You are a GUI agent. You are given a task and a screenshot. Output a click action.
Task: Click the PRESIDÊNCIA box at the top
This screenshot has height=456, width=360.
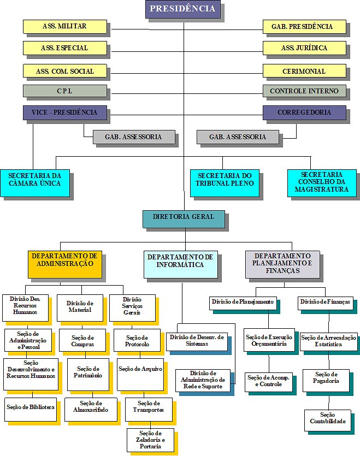pos(182,9)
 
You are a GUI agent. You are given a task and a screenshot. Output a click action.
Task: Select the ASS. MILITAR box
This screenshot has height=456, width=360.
pos(64,26)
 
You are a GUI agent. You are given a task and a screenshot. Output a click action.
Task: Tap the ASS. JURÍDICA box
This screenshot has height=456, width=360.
pos(304,48)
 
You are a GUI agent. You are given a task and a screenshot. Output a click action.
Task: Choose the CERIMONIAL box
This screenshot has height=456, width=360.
pos(304,71)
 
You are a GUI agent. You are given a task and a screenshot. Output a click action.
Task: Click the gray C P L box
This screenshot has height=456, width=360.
pos(64,91)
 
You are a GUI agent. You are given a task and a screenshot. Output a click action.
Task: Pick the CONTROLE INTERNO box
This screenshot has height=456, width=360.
pos(304,91)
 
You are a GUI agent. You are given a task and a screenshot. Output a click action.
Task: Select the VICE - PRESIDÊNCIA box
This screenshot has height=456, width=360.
pos(64,112)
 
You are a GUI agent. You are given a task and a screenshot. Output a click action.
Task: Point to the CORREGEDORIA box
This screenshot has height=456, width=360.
pos(304,112)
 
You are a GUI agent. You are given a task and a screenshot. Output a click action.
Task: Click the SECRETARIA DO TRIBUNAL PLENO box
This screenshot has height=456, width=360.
pos(225,180)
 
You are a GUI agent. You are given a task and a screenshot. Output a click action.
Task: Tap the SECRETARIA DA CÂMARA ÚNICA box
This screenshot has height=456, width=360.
pos(34,180)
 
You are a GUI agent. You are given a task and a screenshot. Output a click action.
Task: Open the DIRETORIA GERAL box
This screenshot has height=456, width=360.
pos(183,217)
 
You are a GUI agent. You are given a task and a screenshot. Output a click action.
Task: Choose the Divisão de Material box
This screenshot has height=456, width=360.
pos(79,307)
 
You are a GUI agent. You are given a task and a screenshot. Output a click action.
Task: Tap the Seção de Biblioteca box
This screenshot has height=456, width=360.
pos(30,406)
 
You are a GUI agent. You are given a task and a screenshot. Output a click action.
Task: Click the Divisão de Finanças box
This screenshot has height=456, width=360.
pos(325,301)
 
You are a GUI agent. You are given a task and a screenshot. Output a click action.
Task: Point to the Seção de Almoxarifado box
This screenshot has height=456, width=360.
pos(90,406)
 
